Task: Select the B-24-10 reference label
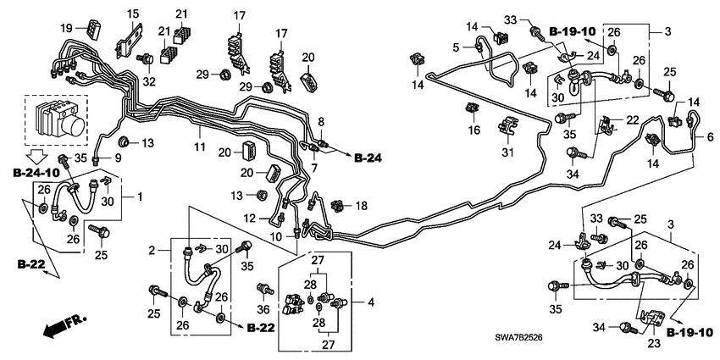tap(36, 173)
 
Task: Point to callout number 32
tap(149, 81)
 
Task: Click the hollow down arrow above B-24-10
tap(36, 156)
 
